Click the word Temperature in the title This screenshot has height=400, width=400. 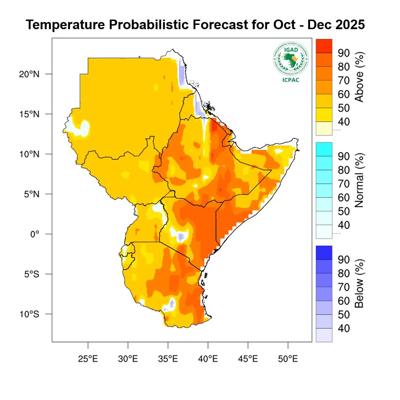coord(65,25)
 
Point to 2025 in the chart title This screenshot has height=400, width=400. coord(350,25)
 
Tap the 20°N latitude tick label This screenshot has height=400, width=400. coord(30,74)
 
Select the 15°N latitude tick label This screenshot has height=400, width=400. coord(30,114)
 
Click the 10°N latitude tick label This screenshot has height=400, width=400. coord(30,154)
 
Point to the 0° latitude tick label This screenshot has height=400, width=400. coord(34,234)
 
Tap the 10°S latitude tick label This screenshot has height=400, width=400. coord(30,314)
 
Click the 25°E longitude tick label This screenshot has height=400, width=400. coord(88,359)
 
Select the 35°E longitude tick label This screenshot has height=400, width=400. coord(168,359)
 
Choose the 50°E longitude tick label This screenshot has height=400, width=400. coord(288,359)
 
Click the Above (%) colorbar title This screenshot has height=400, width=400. coord(359,77)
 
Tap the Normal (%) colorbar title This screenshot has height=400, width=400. coord(359,180)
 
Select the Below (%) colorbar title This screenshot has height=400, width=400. coord(359,284)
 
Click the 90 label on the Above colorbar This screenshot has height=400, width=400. coord(344,53)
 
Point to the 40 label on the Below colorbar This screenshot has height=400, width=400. coord(344,329)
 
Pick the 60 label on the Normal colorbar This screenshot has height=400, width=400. coord(344,198)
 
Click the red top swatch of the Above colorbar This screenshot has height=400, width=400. coord(324,46)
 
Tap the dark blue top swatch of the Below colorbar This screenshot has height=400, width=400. coord(324,252)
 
